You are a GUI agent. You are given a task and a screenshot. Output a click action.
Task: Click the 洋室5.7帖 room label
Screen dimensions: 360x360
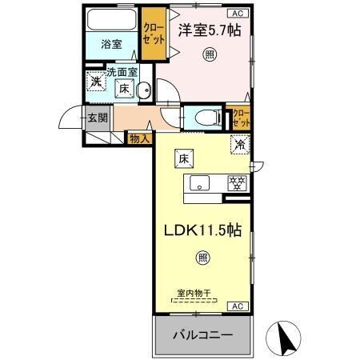click(x=210, y=31)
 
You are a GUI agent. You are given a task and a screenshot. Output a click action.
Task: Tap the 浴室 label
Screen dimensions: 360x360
click(x=111, y=45)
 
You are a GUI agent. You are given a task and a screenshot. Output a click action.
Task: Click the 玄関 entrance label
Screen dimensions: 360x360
click(x=98, y=118)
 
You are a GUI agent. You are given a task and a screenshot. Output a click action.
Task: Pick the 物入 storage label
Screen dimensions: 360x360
click(x=139, y=139)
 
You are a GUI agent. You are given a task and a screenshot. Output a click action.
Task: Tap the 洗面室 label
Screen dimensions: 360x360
click(x=123, y=72)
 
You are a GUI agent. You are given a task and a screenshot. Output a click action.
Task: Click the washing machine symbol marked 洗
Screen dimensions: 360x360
click(x=95, y=82)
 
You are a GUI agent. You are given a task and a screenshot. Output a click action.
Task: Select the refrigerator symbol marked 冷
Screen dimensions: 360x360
click(x=238, y=146)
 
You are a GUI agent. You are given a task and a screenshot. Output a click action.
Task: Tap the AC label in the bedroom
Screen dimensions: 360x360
click(x=238, y=14)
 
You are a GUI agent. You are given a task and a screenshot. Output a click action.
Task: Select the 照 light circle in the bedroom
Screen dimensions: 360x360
click(x=209, y=54)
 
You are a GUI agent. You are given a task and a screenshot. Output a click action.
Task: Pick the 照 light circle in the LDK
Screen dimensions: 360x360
click(x=202, y=258)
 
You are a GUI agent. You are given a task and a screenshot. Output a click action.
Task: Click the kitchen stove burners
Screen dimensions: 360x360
click(x=236, y=182)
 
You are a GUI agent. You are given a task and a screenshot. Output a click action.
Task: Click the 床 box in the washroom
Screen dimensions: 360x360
click(x=125, y=90)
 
